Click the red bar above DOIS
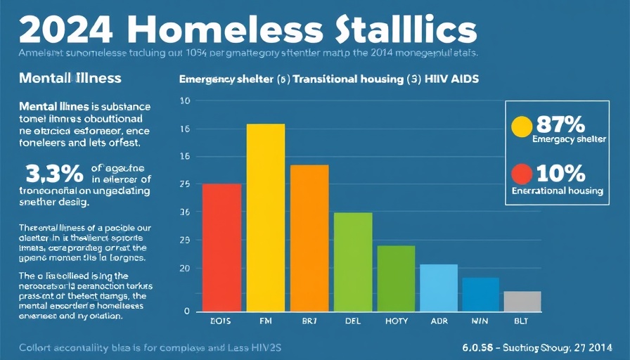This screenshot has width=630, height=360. coord(221,247)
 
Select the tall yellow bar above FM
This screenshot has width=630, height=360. coord(266,217)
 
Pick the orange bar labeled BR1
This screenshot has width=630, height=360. coord(309,238)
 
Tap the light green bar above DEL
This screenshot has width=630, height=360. coord(353,262)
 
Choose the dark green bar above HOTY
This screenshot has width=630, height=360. coord(396,278)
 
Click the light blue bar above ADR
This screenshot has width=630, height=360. coord(439,288)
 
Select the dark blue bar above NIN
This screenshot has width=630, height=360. coord(480,294)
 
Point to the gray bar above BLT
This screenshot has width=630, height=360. coord(522,301)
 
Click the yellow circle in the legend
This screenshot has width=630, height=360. coord(521,127)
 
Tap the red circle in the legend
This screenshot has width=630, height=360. coord(521,174)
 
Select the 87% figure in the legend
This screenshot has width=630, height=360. coord(560,125)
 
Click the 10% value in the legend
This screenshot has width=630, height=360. coord(560,173)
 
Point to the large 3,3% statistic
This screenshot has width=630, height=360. coord(52,173)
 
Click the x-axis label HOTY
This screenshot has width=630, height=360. coord(397,321)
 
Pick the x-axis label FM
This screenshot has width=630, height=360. coord(266,321)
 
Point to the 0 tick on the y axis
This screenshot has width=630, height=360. coord(186,311)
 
